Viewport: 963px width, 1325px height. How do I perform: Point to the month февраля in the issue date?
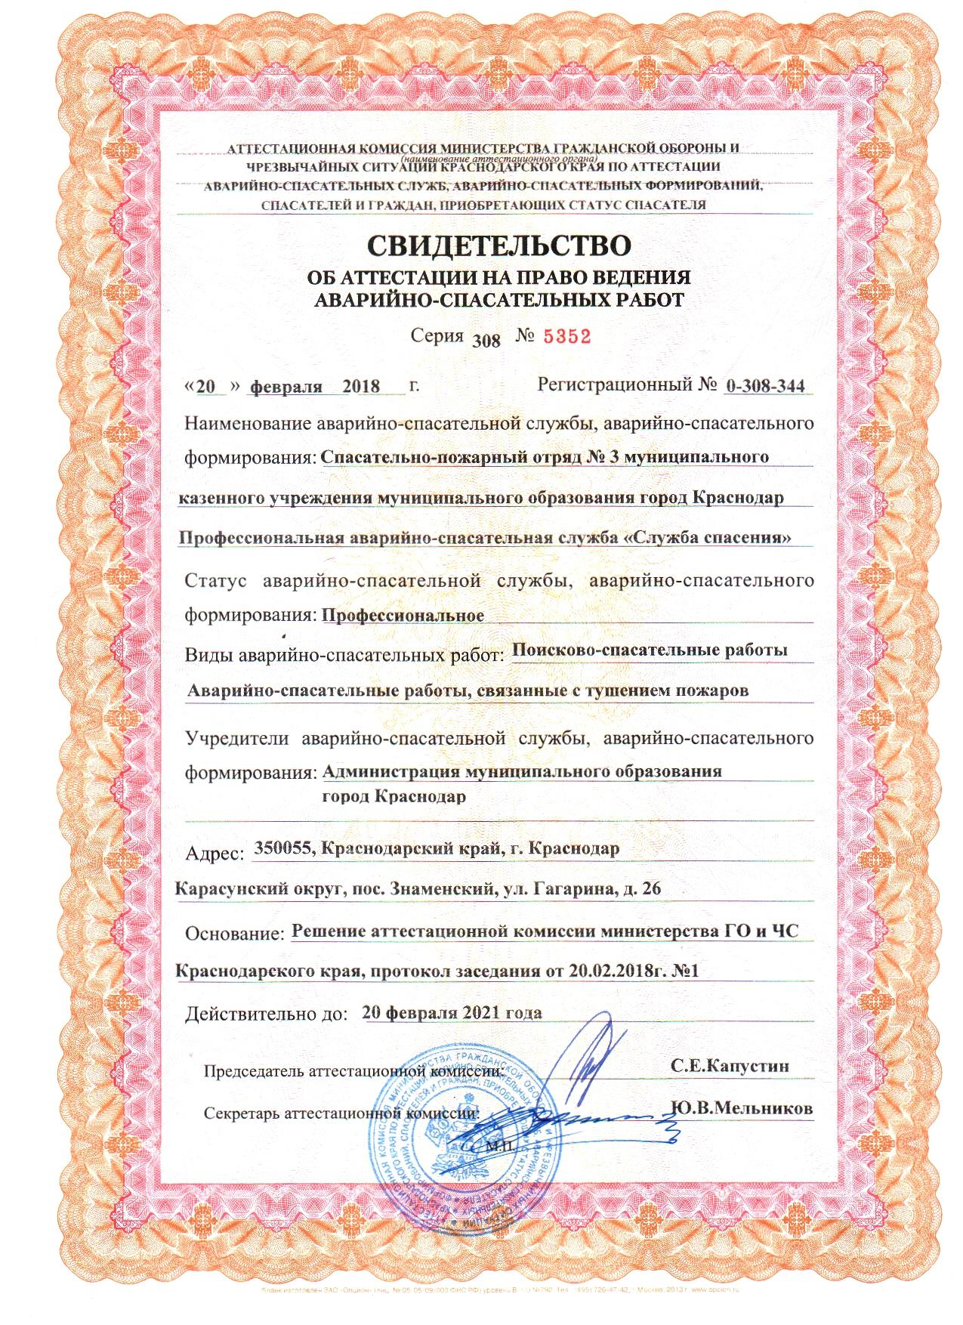tap(281, 387)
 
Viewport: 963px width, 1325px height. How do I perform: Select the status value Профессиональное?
tap(403, 614)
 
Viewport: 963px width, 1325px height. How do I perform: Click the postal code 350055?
tap(283, 848)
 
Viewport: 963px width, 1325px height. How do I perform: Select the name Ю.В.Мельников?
tap(740, 1107)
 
